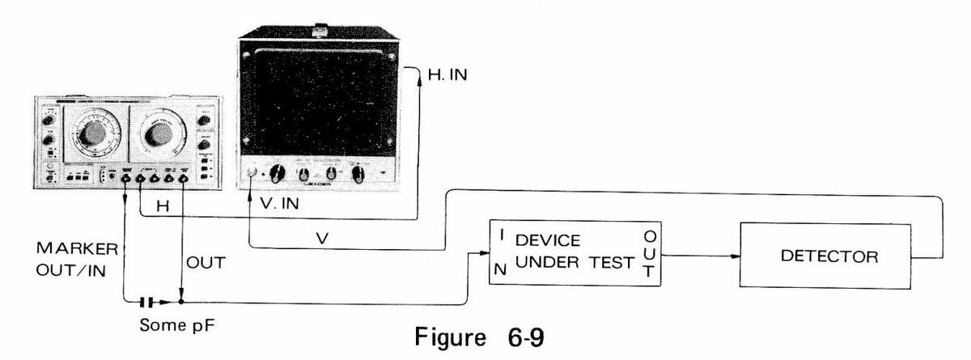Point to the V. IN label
[x=278, y=205]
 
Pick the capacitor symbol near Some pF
[x=146, y=303]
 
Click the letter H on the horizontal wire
[x=162, y=208]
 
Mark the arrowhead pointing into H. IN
[x=417, y=75]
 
